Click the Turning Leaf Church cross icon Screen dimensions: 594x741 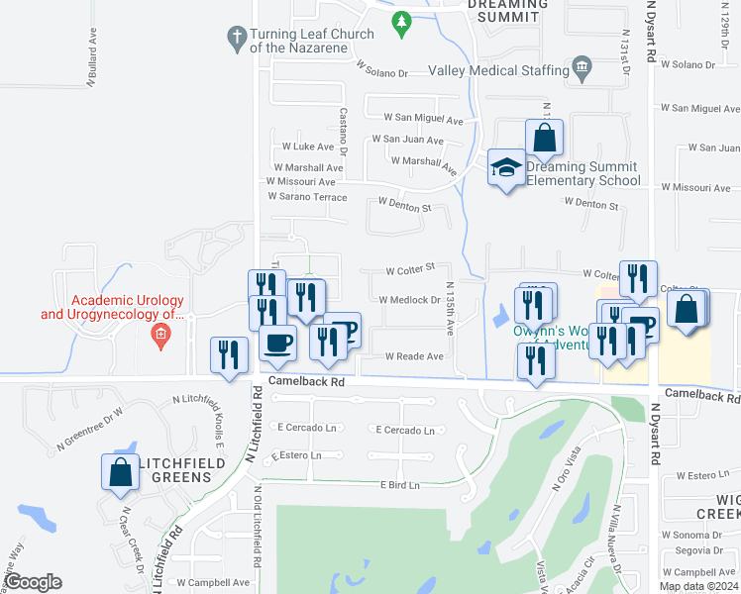point(236,39)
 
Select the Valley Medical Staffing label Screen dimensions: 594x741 point(494,70)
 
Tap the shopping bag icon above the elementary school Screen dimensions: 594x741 point(544,137)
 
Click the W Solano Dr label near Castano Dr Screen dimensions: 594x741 point(381,73)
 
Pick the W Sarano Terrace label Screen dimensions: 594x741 point(307,197)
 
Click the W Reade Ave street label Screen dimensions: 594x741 point(414,356)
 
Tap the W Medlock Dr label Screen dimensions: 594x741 point(409,300)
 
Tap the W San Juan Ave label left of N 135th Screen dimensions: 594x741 point(407,141)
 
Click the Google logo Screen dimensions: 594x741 point(33,582)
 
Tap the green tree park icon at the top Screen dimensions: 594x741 point(401,22)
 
